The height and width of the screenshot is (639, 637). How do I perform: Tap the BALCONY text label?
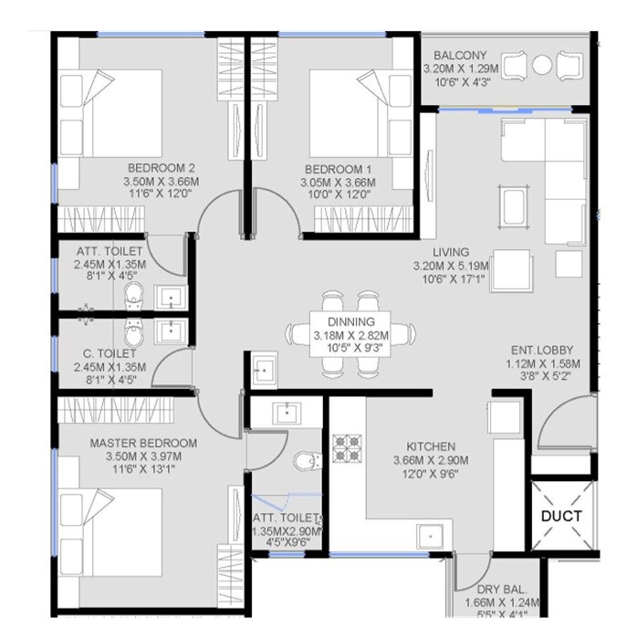pos(461,54)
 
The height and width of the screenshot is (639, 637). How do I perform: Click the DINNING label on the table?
pos(350,322)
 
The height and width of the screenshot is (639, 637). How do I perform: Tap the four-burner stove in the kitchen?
pos(349,448)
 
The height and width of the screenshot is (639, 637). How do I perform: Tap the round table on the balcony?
pos(542,65)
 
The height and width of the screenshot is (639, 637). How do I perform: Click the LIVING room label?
pos(452,252)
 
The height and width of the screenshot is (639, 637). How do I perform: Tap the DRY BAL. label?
pos(499,590)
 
